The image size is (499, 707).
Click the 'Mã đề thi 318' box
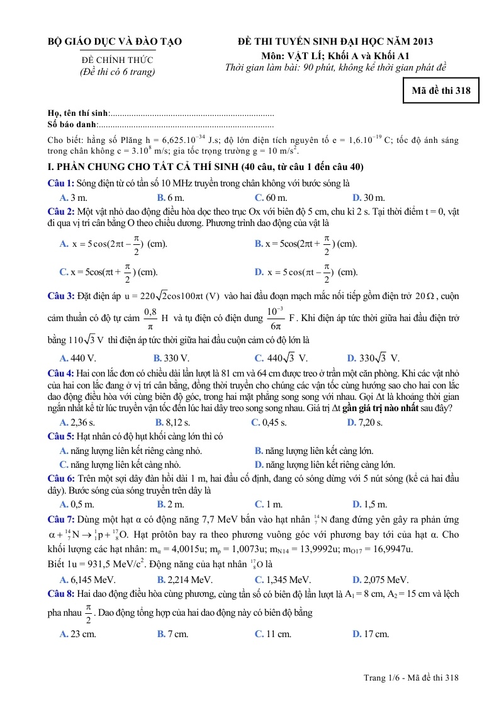coord(441,91)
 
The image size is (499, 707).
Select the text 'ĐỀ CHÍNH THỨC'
coord(117,60)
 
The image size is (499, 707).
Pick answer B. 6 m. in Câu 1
coord(170,198)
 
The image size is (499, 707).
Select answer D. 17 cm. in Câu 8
coord(371,634)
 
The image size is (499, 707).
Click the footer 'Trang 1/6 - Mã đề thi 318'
coord(411,677)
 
